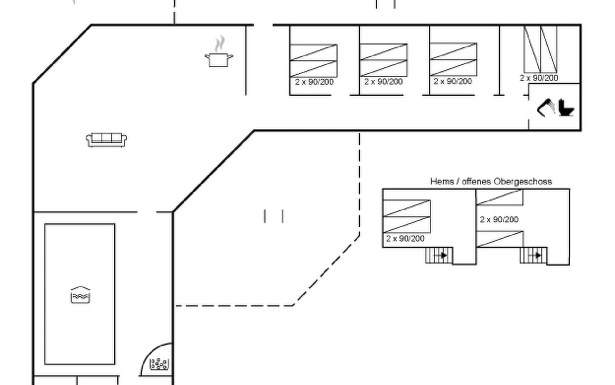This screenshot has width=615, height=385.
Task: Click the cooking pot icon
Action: pos(219,60)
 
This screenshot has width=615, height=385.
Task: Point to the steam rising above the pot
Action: pos(220,44)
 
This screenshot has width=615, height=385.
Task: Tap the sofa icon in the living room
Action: pos(106,140)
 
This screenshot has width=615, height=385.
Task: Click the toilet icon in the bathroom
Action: pos(566,108)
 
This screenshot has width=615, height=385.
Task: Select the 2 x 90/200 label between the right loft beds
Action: pos(499,219)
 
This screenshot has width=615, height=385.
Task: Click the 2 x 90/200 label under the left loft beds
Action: pos(405,239)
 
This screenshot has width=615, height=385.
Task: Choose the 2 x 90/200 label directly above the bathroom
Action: pos(539,78)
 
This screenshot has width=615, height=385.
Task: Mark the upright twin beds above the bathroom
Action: pos(540,49)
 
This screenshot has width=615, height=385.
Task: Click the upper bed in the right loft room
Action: pos(500,197)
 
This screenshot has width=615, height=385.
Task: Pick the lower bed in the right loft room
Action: pos(500,239)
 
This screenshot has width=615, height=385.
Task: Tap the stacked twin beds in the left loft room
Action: pos(407,216)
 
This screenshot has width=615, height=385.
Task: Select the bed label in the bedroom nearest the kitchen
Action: pos(314,82)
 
